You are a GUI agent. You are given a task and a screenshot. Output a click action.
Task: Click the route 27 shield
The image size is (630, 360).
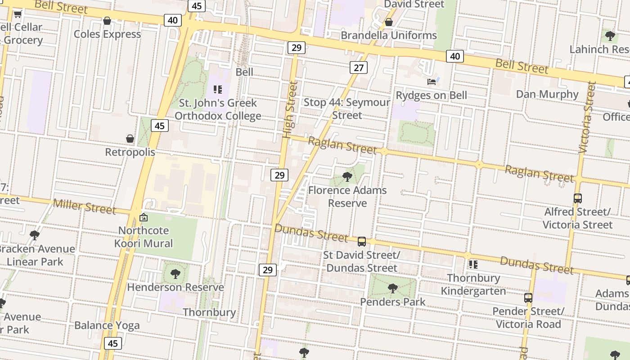[358, 67]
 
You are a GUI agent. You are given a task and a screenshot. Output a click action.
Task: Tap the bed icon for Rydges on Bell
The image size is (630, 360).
[432, 82]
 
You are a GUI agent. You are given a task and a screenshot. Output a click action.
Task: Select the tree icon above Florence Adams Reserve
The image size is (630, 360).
[347, 177]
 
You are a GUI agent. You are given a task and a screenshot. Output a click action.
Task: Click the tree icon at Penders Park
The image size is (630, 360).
[393, 288]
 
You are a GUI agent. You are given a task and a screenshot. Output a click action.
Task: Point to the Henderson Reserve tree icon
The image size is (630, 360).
[175, 274]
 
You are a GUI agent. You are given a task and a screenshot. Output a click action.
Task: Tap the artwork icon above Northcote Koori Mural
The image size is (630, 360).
[144, 217]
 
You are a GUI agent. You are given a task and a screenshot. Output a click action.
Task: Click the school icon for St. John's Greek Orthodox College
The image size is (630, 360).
[218, 90]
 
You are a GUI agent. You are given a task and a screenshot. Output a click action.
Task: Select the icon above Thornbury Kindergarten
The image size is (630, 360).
[473, 264]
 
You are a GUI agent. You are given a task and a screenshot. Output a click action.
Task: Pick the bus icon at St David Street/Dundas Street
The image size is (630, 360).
[362, 242]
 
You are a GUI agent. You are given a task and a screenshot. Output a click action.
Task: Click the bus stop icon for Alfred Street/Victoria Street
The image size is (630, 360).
[578, 198]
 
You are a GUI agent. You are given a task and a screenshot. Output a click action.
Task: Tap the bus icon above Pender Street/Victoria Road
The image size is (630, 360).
[528, 297]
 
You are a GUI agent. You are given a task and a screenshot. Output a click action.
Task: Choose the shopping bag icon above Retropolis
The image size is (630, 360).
[130, 139]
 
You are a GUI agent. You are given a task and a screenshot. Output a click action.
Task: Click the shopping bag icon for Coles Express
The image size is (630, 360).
[107, 21]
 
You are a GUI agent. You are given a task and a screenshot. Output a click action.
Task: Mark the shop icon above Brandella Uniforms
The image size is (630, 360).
[389, 22]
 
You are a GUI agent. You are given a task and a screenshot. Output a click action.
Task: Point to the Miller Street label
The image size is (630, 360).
[85, 207]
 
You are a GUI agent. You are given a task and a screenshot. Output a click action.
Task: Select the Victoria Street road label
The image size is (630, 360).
[588, 117]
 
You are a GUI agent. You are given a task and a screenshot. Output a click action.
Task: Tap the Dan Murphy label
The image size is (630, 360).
[547, 94]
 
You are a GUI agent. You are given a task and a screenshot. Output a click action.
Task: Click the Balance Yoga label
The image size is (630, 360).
[107, 325]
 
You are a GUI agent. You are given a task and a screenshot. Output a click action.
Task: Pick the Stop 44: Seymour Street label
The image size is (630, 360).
[347, 108]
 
